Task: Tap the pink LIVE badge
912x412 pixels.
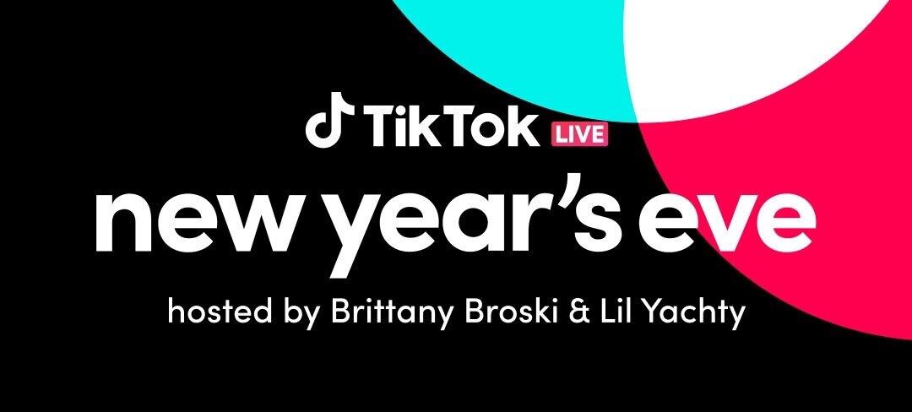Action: pyautogui.click(x=579, y=135)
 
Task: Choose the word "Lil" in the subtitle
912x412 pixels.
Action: pyautogui.click(x=622, y=312)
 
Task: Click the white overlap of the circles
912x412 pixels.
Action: pyautogui.click(x=756, y=52)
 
